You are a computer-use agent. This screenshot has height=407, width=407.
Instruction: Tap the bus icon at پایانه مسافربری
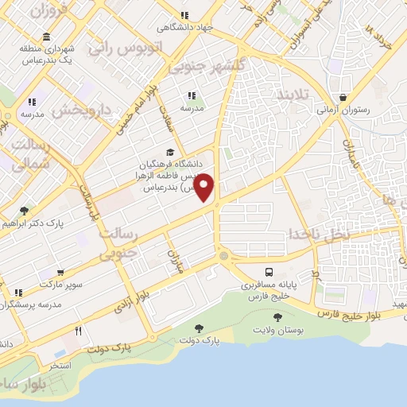pos(271,271)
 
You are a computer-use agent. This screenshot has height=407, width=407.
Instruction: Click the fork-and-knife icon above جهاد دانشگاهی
pos(184,15)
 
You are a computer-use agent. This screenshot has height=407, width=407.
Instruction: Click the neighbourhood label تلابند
pos(295,95)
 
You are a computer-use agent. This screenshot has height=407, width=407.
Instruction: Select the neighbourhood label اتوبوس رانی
pos(126,48)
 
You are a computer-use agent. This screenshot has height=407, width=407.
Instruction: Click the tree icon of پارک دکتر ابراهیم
pos(24,211)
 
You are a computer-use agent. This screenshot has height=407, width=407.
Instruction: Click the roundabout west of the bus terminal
pos(224,256)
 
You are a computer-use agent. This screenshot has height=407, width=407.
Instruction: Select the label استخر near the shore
pos(60,365)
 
